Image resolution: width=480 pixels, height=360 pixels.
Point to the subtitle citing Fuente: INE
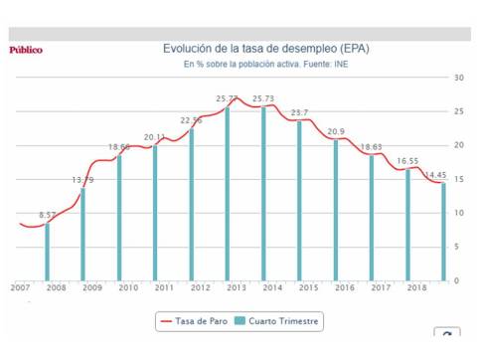(258, 65)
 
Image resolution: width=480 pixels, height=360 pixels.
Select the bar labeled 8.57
(48, 252)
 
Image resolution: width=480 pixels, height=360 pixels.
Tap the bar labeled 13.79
(83, 234)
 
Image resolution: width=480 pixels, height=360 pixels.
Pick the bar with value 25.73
(263, 193)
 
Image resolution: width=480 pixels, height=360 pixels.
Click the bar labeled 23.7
(299, 200)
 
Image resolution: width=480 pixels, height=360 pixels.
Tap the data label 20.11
(154, 136)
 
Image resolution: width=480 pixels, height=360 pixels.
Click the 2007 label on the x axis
(20, 287)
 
